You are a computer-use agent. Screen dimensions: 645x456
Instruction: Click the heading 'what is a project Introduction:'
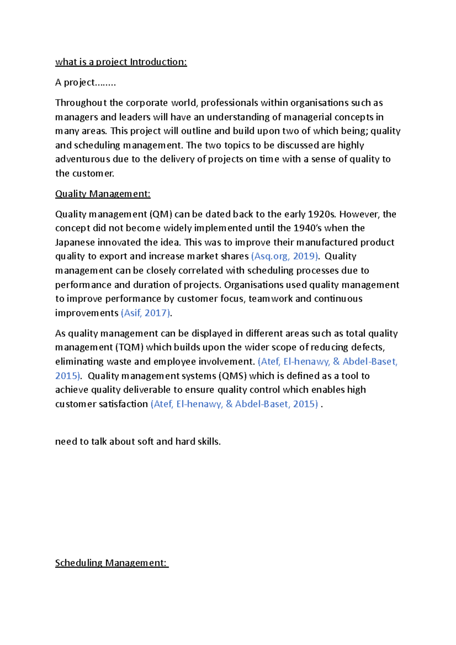click(121, 62)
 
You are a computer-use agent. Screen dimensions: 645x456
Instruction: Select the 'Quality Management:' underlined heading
click(103, 194)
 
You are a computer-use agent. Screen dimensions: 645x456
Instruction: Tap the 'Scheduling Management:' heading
click(111, 563)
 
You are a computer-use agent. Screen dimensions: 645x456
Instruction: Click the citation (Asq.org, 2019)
click(285, 256)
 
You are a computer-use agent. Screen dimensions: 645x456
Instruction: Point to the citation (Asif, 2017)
click(146, 313)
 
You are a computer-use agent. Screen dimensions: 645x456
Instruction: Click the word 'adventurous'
click(82, 159)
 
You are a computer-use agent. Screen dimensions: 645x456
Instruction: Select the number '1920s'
click(321, 214)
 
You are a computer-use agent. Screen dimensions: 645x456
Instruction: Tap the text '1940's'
click(310, 228)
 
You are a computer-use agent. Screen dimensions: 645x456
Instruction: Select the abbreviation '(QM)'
click(161, 214)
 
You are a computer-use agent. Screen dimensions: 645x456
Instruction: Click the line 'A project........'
click(85, 82)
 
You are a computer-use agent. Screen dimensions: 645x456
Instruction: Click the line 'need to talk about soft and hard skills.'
click(138, 441)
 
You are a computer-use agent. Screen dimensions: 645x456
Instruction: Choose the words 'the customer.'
click(84, 174)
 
